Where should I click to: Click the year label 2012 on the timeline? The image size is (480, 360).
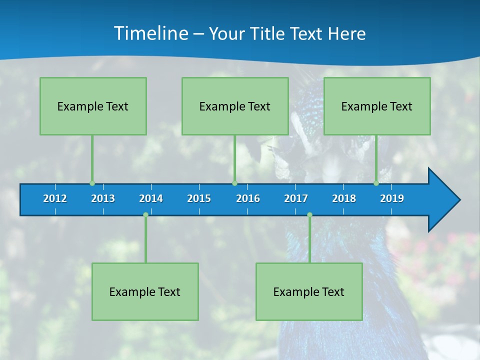coord(55,198)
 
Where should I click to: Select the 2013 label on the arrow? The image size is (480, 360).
coord(103,198)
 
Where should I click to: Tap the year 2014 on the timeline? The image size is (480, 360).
coord(151,198)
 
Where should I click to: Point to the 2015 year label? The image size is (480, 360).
coord(199,198)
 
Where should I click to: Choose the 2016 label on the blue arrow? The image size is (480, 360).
coord(248,198)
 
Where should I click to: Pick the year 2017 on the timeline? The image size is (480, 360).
coord(296,198)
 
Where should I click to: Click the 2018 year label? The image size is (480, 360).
coord(344,198)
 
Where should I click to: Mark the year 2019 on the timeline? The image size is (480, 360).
coord(392,198)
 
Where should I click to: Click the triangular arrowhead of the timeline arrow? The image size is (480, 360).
coord(442,200)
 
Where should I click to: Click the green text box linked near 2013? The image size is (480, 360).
coord(93,106)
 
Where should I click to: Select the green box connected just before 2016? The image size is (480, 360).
coord(235,106)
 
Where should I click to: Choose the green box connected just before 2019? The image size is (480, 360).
coord(377,106)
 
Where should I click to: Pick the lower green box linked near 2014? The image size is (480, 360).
coord(145,291)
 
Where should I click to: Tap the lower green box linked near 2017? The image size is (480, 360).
coord(309,291)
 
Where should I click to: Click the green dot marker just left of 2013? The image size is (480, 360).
coord(92,183)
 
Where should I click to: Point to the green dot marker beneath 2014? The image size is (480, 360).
coord(145,214)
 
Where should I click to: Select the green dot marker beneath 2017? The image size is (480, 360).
coord(309,214)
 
